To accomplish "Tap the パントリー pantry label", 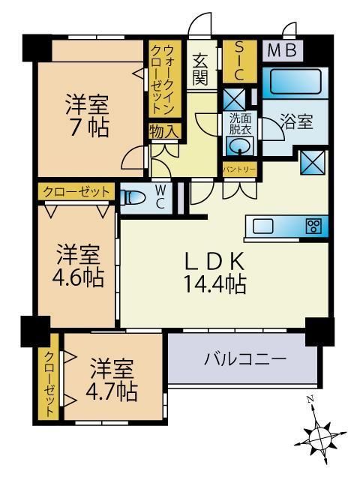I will (x=239, y=170).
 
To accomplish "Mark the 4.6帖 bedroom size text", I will (x=78, y=277).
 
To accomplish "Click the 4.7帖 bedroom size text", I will (x=114, y=391).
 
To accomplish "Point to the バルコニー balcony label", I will (x=245, y=360).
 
